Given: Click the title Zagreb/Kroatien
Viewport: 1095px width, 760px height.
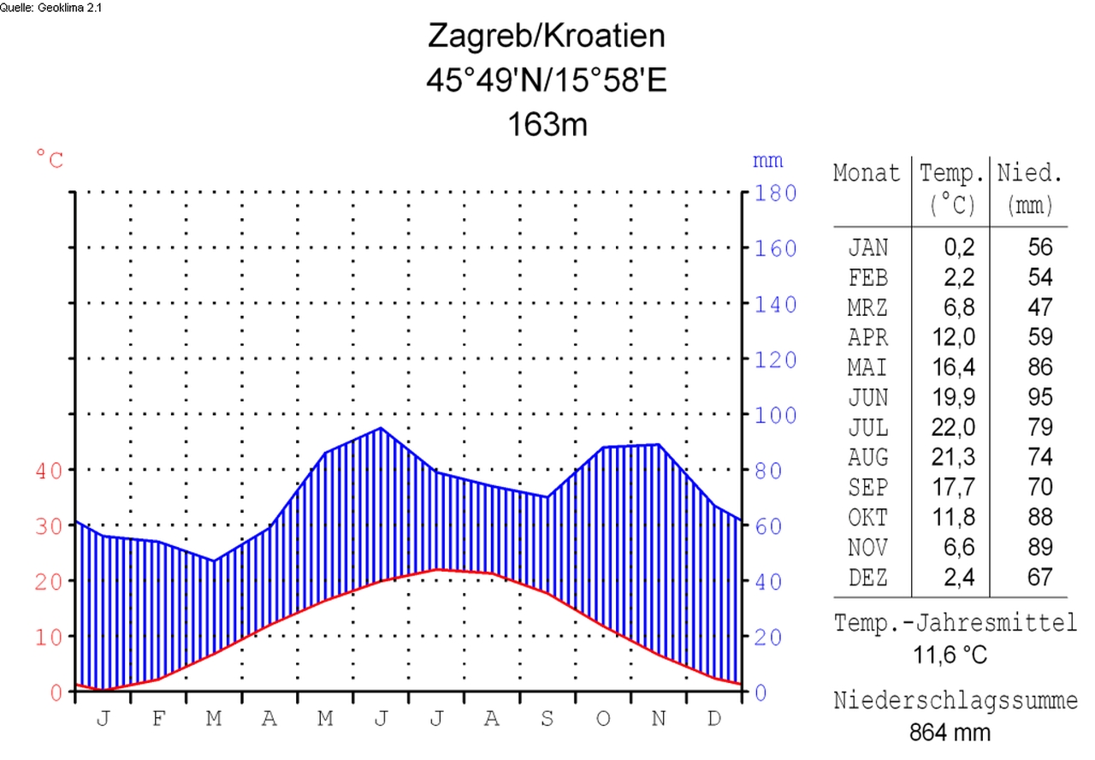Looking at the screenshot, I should tap(546, 37).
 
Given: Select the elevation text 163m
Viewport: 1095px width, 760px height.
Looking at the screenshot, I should tap(547, 124).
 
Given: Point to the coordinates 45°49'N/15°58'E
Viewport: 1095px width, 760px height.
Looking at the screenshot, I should tap(546, 80).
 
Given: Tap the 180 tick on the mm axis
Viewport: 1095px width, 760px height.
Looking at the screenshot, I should tap(775, 193).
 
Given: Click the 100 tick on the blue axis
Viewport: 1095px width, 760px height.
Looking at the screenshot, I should tap(775, 416).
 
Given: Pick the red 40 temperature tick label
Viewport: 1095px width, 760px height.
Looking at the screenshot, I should tap(50, 471).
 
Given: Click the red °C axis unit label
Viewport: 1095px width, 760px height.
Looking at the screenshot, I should tap(50, 159).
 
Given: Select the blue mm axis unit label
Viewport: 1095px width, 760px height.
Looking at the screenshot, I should tap(767, 160).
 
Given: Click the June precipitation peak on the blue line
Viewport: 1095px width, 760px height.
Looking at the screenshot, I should tap(381, 428).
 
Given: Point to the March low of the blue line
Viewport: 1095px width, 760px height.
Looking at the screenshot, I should tap(213, 561).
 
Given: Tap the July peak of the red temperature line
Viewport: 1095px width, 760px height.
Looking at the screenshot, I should tap(437, 569).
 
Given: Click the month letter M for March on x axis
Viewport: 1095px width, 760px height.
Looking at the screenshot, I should tap(214, 719).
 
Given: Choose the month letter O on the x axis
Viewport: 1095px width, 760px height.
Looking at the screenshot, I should tap(603, 719).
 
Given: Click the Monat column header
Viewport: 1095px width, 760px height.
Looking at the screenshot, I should tap(867, 174).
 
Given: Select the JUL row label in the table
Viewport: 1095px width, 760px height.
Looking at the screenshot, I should tap(868, 427).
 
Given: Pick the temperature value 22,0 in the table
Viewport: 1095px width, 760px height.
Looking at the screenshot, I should tap(953, 427).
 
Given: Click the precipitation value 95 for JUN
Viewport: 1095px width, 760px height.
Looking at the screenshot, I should tap(1039, 397).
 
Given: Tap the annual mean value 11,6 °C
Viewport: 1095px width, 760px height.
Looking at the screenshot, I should tap(950, 656).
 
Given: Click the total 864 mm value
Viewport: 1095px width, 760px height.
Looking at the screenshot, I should tap(950, 733).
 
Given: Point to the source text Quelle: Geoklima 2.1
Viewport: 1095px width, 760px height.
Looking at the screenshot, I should tap(51, 7).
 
